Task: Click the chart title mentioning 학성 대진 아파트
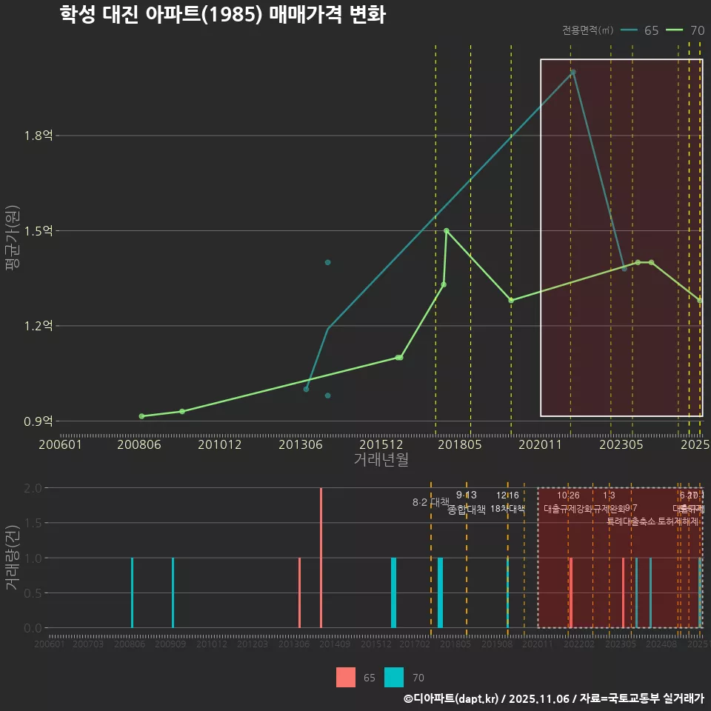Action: (x=222, y=16)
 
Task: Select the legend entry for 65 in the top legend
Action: (x=641, y=30)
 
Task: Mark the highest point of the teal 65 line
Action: (x=573, y=72)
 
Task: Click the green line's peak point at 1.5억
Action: (x=446, y=230)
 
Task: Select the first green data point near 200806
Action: (x=141, y=416)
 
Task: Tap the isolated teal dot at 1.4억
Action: (x=327, y=262)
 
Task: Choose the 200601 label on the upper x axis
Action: (x=59, y=444)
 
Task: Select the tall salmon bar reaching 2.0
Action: (x=321, y=558)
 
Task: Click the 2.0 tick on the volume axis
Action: (x=33, y=488)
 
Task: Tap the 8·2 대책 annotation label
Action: (x=431, y=502)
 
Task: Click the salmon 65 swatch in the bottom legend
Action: (x=346, y=677)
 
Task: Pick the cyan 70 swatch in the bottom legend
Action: (x=395, y=677)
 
